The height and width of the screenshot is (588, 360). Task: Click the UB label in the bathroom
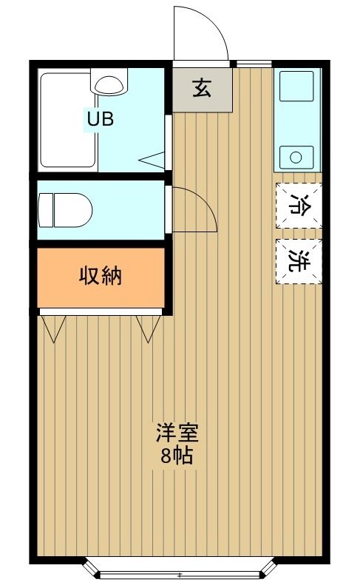[101, 119]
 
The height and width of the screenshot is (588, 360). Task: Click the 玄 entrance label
[202, 87]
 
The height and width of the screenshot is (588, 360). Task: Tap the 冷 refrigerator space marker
[299, 205]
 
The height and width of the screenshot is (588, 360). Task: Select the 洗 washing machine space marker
[299, 261]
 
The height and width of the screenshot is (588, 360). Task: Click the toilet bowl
[72, 210]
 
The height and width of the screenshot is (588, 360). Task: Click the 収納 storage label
[101, 277]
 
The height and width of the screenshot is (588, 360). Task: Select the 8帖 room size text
[177, 455]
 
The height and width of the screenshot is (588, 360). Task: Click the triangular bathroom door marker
[153, 159]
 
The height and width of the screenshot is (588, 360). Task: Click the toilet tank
[44, 210]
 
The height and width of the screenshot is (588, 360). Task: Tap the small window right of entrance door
[253, 63]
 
